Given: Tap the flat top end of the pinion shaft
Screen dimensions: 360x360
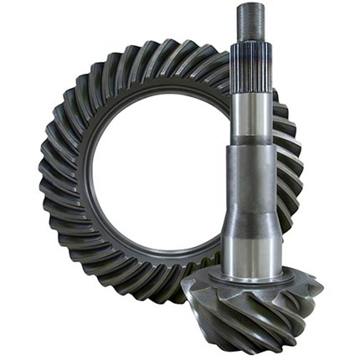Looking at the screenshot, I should pos(250,7).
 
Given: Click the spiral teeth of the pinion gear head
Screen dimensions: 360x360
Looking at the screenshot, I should pos(251,310).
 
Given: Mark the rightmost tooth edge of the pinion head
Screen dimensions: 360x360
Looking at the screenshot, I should pos(321,289).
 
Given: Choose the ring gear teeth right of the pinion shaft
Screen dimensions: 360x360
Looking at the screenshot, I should pos(289,167).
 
